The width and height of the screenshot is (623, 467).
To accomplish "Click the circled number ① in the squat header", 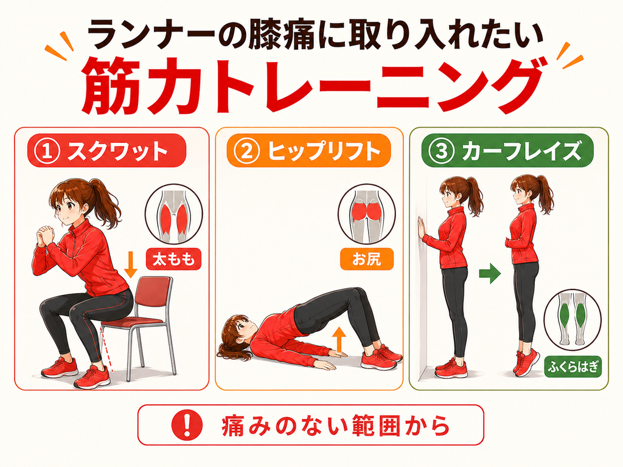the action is coord(47,151).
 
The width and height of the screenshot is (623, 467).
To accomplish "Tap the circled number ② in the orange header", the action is coord(247,151).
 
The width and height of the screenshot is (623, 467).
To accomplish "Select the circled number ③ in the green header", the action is coord(442,151).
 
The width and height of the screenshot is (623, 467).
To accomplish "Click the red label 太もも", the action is coord(173,259).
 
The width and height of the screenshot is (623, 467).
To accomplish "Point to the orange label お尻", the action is coord(367,259).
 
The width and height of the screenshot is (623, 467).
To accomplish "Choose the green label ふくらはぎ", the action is coord(573,367).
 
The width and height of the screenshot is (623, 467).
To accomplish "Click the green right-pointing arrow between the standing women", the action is coord(490,274).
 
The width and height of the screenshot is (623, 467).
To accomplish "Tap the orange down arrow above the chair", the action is coord(130,264).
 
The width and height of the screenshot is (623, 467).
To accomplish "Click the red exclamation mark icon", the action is coord(187,425).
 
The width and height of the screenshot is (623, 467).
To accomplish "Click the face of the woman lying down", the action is coord(241,330).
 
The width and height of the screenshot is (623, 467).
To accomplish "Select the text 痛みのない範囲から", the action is coord(335,425).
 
